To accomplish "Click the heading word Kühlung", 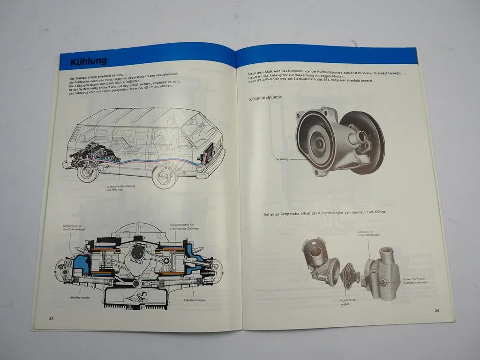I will point(88,61).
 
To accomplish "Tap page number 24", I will point(51,318).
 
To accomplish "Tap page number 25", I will point(436,311).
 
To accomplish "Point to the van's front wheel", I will point(163,177).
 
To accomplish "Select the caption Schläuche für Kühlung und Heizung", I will point(121,188).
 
